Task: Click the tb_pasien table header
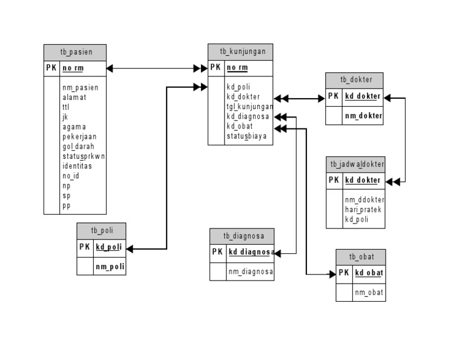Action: point(75,52)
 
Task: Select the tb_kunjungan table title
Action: point(240,52)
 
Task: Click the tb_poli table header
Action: point(101,231)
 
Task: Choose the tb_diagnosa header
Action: point(242,236)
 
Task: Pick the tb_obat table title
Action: point(360,258)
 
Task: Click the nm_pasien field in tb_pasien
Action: point(80,87)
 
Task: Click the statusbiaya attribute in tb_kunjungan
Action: point(246,136)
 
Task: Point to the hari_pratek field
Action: point(363,210)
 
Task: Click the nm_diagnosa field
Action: point(250,272)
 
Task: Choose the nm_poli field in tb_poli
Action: point(109,267)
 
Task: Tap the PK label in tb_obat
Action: point(344,273)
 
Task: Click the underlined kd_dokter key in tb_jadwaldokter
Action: point(363,180)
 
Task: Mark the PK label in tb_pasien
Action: point(51,68)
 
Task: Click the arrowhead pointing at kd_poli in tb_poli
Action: point(130,248)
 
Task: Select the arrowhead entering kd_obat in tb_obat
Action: point(332,275)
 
